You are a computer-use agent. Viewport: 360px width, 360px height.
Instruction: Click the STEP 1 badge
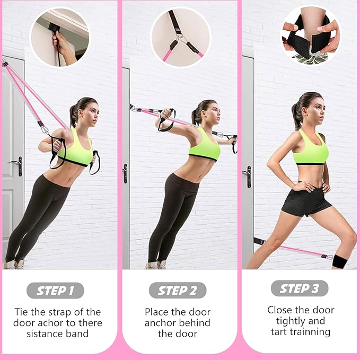pyautogui.click(x=55, y=291)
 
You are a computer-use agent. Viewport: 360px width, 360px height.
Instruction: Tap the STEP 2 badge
pyautogui.click(x=178, y=290)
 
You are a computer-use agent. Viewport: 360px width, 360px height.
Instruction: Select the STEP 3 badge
pyautogui.click(x=300, y=288)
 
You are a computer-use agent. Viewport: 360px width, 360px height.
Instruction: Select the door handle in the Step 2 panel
pyautogui.click(x=125, y=173)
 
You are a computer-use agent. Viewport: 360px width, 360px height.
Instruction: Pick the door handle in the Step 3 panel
pyautogui.click(x=248, y=176)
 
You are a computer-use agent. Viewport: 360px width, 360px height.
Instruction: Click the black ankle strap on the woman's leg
pyautogui.click(x=338, y=261)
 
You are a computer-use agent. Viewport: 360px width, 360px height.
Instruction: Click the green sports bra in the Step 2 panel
pyautogui.click(x=204, y=145)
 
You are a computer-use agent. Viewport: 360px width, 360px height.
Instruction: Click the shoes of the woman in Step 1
pyautogui.click(x=14, y=264)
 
